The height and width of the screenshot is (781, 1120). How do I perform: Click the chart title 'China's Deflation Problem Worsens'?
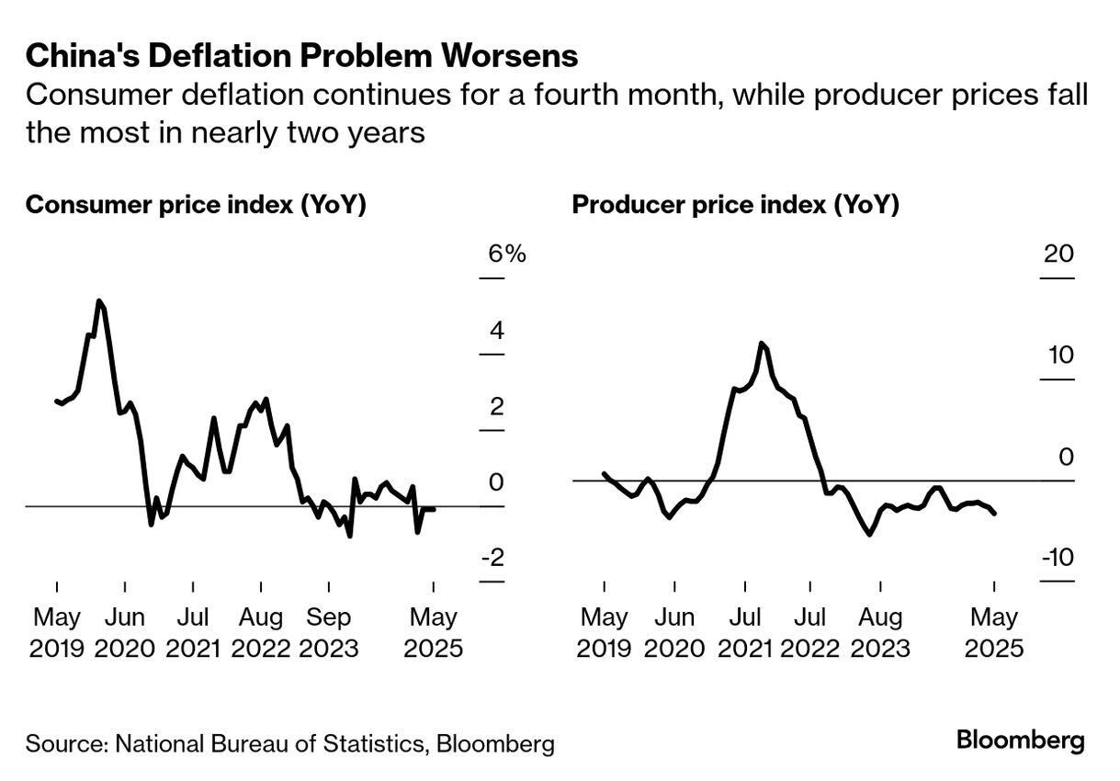click(301, 56)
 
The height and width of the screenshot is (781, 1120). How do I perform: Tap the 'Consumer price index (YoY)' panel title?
click(196, 204)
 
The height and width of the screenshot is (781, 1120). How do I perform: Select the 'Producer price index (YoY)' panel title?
click(735, 204)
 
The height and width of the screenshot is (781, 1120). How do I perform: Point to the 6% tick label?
click(506, 254)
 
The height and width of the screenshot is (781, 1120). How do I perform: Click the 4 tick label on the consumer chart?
click(497, 331)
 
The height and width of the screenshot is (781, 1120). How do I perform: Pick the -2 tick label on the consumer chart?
click(492, 559)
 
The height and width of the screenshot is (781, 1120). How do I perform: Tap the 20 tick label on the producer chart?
click(1059, 254)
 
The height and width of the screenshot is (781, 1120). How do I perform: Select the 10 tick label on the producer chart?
click(1060, 355)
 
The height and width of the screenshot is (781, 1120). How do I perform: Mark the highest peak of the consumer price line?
click(99, 301)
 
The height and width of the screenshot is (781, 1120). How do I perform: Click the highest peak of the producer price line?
click(762, 343)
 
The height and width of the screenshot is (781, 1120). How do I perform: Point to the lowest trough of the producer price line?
click(869, 534)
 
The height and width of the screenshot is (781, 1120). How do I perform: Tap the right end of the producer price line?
click(995, 514)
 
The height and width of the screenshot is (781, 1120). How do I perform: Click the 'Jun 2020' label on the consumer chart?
click(125, 632)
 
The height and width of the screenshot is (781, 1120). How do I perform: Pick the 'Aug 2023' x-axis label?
click(880, 632)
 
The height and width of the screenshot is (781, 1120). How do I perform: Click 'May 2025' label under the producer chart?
click(994, 632)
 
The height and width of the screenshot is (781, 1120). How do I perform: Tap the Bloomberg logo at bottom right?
click(1020, 741)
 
